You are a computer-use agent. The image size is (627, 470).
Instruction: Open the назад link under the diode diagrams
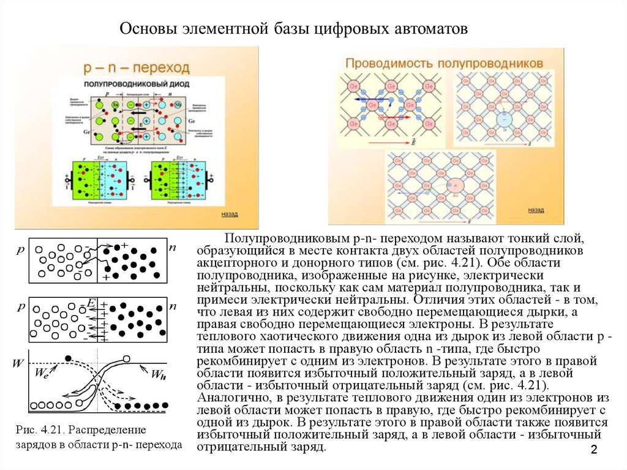pyautogui.click(x=230, y=214)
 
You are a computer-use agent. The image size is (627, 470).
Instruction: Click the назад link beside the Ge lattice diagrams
pyautogui.click(x=536, y=210)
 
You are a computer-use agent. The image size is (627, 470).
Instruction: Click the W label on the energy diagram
pyautogui.click(x=18, y=363)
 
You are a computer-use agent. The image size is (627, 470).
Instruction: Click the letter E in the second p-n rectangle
pyautogui.click(x=91, y=303)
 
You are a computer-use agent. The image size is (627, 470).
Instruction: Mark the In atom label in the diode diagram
pyautogui.click(x=115, y=105)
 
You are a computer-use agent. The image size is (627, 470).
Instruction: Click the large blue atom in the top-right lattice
pyautogui.click(x=504, y=118)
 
